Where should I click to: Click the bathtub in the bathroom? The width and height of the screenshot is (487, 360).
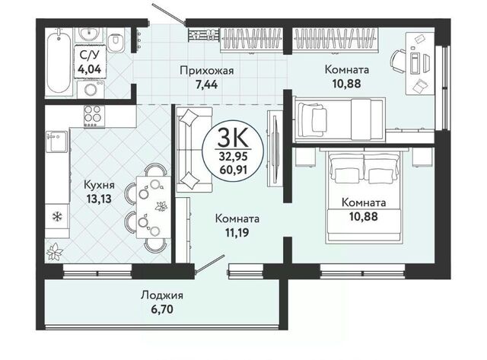coord(59,61)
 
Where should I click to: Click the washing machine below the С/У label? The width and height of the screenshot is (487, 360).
coord(91,89)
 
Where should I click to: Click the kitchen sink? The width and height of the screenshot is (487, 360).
coord(57,142)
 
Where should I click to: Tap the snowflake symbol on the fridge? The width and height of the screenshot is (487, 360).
coord(56,216)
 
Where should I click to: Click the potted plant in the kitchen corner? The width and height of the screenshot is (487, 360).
coord(55,251)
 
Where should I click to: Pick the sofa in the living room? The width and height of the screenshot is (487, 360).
coord(194,150)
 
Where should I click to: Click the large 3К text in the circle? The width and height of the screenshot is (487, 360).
coord(233,138)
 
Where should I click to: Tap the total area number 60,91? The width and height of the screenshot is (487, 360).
coord(233,170)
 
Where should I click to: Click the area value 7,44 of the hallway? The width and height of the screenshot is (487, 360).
coord(206,84)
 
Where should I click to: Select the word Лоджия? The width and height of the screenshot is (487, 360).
coord(162,295)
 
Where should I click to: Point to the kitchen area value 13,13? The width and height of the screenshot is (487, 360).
coord(99,199)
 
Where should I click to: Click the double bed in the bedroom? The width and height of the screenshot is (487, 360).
coord(364,196)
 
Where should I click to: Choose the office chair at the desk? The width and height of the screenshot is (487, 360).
coord(398,61)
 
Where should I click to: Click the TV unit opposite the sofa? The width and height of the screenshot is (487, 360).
coord(274,148)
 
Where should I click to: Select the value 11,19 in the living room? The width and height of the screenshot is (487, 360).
coord(237,232)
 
